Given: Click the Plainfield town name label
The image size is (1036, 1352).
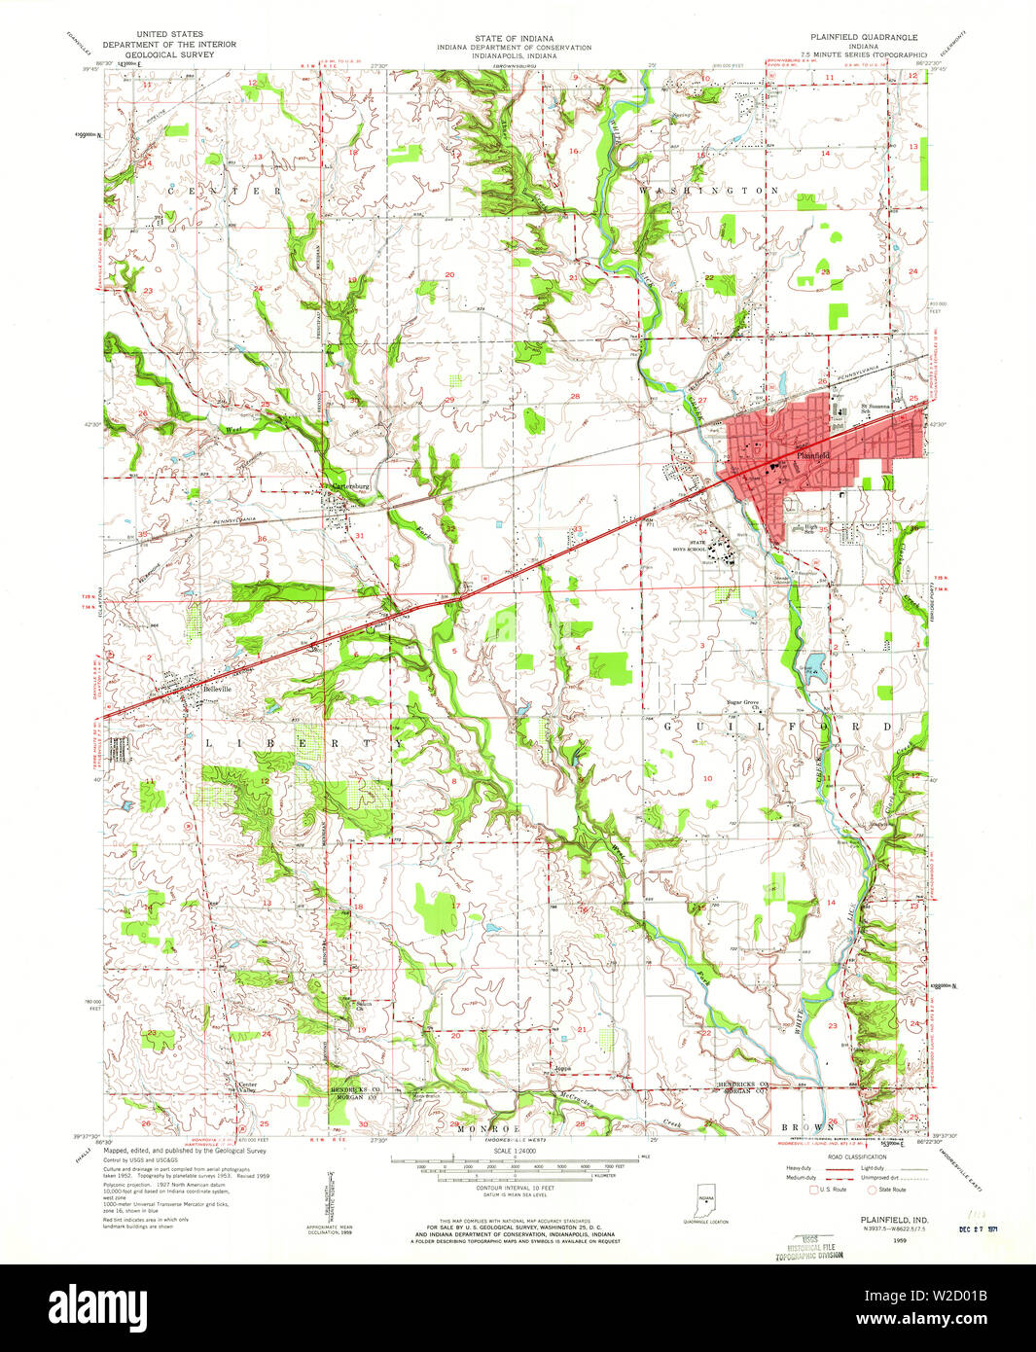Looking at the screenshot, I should tap(810, 455).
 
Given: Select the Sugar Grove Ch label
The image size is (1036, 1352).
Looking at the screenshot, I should tap(743, 704).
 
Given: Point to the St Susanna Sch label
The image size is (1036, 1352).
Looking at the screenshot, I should tap(876, 408).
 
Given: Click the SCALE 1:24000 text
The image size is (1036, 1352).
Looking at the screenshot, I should tap(516, 1152).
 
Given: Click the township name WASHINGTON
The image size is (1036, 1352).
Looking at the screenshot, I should tap(708, 192).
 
